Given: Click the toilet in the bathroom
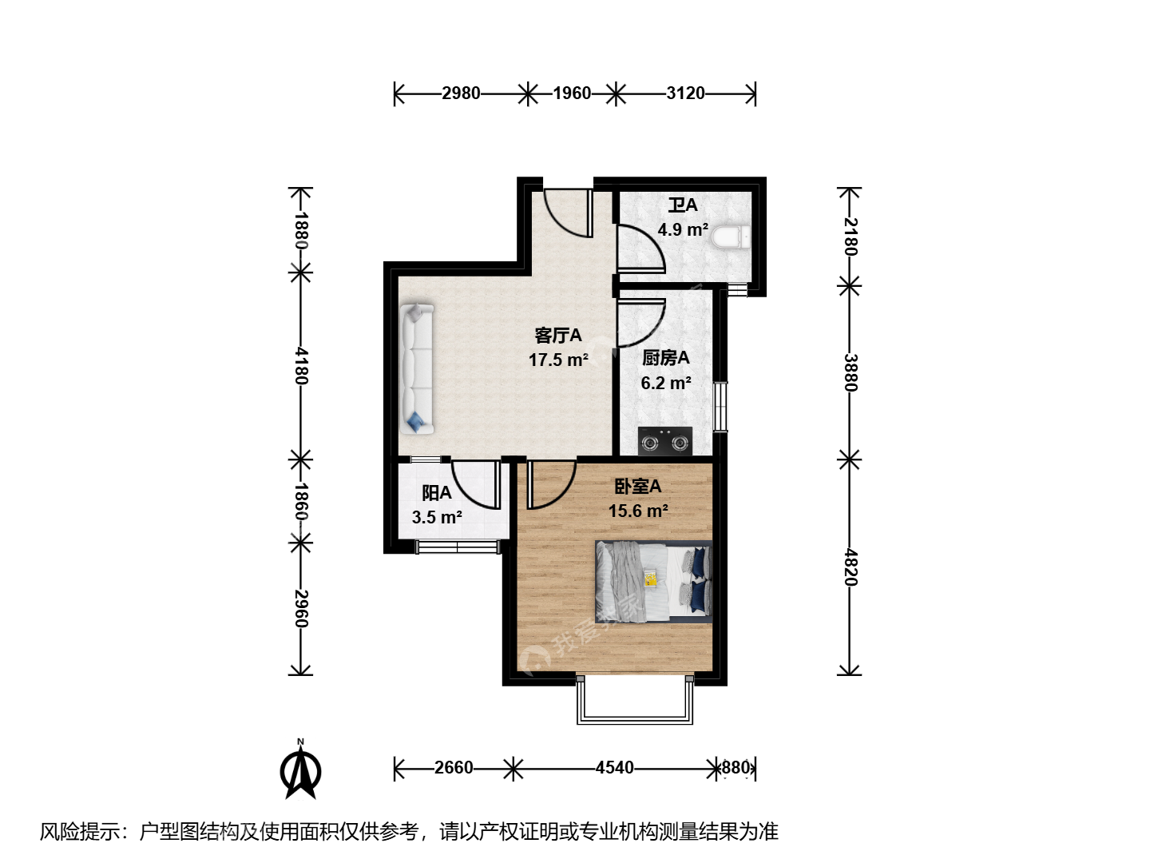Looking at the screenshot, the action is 732,237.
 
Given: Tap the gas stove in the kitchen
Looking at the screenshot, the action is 665,441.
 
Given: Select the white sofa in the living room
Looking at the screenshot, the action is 417,369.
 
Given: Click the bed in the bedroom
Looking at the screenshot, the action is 653,582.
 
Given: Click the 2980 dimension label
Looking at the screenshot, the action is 461,93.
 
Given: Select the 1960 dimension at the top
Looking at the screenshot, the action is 572,93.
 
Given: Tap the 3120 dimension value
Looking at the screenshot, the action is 686,93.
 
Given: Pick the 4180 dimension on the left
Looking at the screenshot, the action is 301,366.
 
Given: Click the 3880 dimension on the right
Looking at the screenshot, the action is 850,372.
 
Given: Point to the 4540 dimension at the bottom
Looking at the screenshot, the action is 615,768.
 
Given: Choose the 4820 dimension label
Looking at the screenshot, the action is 850,567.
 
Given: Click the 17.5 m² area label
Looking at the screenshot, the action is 558,360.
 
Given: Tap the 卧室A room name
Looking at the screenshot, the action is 638,487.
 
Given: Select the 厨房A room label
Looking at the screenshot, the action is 666,358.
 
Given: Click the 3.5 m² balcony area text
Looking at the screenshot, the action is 437,517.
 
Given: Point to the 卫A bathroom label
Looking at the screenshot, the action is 683,205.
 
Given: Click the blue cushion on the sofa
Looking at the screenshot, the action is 416,422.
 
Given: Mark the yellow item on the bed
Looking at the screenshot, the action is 651,579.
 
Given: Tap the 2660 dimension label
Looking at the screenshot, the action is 454,768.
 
